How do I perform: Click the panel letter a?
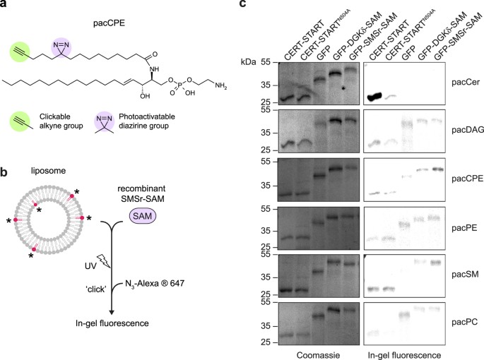click(x=4, y=6)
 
